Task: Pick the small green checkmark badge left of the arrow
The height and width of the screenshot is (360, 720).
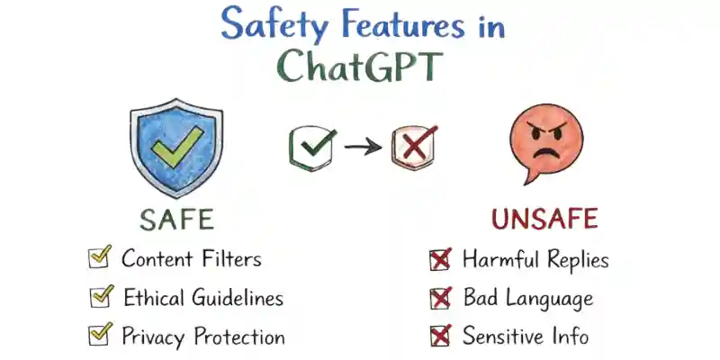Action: (x=311, y=145)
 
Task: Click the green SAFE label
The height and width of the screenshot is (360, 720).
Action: (x=176, y=220)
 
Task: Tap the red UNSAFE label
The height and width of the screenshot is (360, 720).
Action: (x=544, y=220)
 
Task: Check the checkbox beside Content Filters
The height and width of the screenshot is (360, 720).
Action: (x=99, y=258)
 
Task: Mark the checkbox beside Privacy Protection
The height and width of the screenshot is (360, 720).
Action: (x=99, y=336)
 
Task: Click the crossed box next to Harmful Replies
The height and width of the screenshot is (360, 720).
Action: (x=439, y=260)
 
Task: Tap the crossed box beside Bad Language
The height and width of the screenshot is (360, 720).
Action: (x=440, y=298)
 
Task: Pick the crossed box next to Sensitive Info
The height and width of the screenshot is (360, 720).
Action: (x=440, y=337)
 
